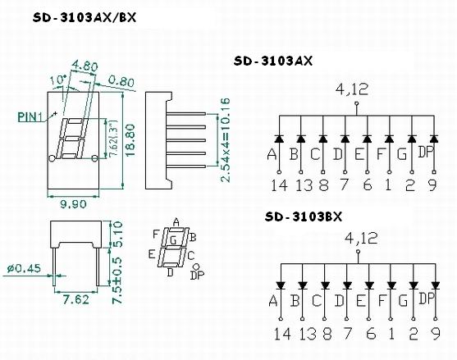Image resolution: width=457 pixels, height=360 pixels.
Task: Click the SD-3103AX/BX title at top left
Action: (x=85, y=18)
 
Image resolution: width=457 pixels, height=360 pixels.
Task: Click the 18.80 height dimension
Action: (x=130, y=140)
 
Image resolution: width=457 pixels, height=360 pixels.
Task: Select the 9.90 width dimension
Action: (x=74, y=204)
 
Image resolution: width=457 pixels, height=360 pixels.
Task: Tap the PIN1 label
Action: (x=30, y=117)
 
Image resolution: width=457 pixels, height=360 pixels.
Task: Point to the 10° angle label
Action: (x=58, y=80)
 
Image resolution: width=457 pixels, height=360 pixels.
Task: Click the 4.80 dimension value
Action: (x=85, y=66)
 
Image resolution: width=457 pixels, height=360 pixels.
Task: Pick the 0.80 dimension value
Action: (x=121, y=80)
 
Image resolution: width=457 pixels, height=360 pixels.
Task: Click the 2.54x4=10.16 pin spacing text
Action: (x=225, y=140)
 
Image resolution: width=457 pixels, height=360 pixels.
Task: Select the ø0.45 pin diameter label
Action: (x=24, y=268)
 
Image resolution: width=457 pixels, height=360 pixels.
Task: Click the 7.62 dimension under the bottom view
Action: (x=76, y=299)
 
